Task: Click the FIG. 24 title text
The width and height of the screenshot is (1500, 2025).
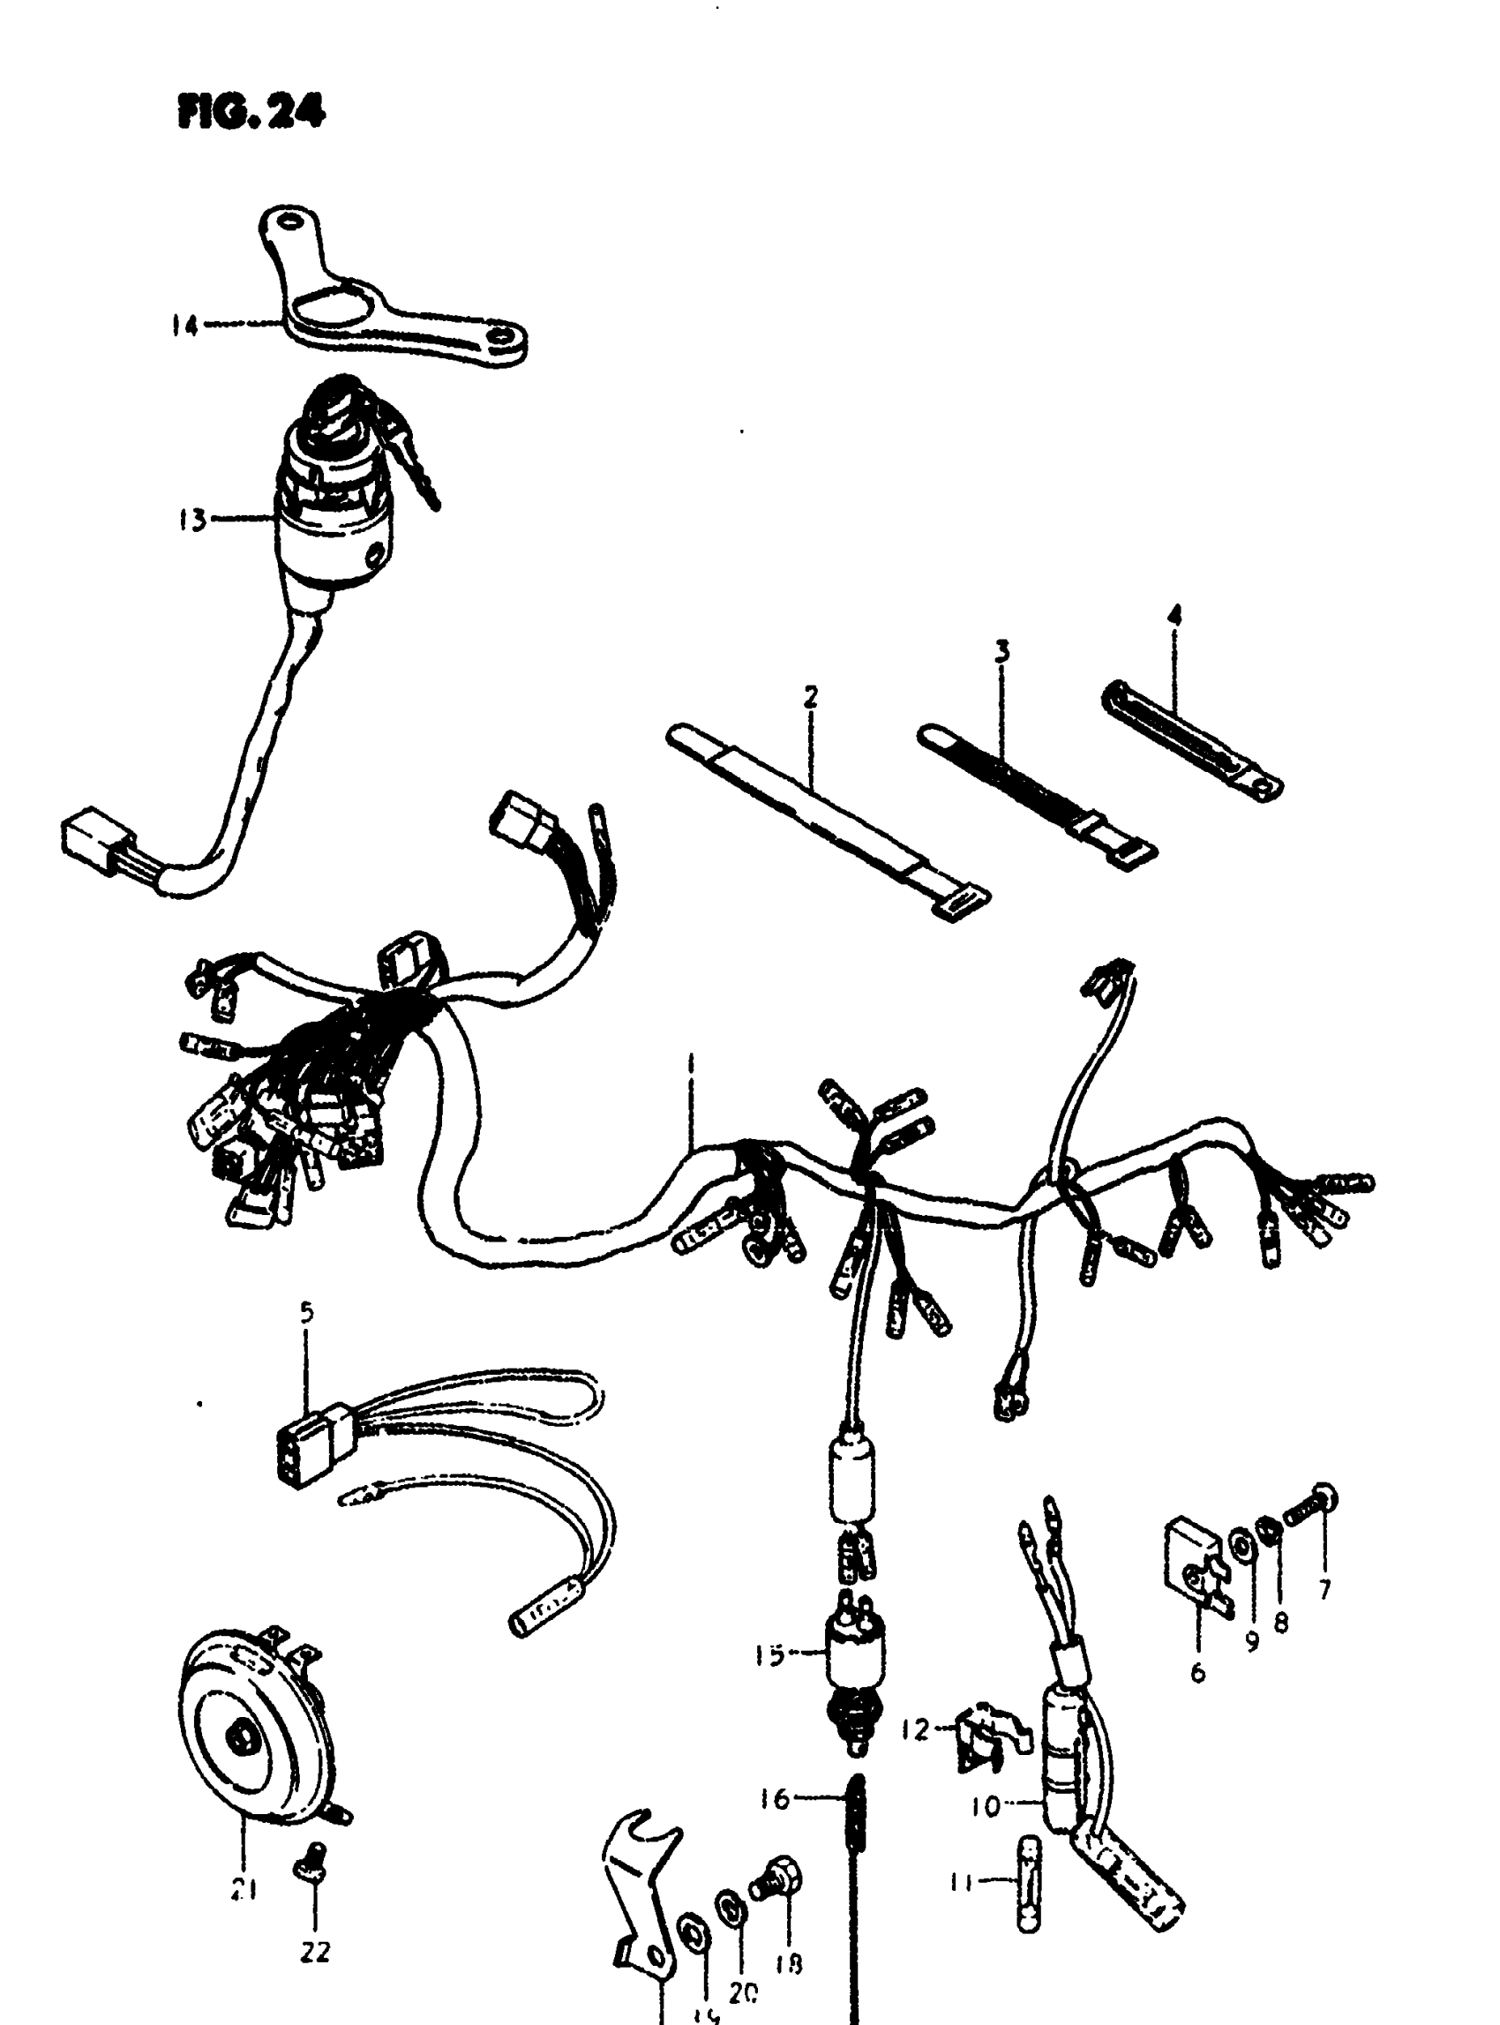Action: [x=251, y=113]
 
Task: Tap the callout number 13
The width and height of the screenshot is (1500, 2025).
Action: [x=192, y=521]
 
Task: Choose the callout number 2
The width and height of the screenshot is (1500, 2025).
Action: [x=810, y=696]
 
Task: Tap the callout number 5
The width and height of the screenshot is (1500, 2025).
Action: [x=306, y=1312]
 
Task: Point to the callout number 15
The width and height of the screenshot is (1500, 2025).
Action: [x=769, y=1655]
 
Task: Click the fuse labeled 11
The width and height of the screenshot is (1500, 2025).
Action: [x=1028, y=1884]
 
